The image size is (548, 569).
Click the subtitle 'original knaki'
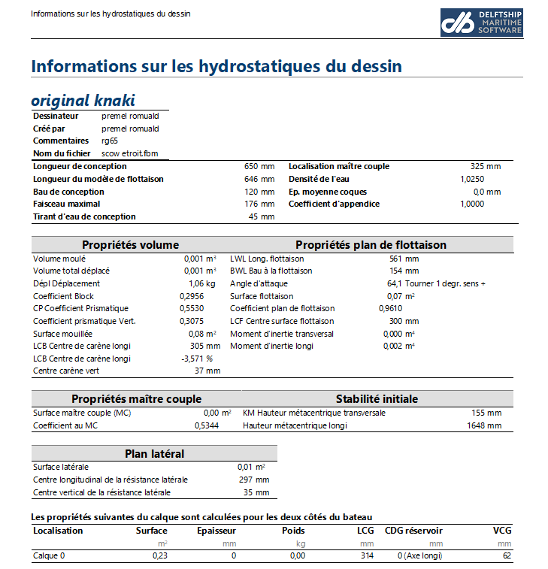[x=83, y=101]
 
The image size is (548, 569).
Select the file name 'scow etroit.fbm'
[x=130, y=153]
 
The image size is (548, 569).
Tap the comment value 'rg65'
[x=110, y=141]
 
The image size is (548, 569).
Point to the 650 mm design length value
[x=260, y=166]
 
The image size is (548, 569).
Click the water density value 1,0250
[x=472, y=179]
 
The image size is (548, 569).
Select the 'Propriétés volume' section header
[x=130, y=245]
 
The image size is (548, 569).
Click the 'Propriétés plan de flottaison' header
[x=371, y=245]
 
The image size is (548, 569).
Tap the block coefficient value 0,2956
[x=191, y=296]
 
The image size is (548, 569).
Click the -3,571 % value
[x=198, y=359]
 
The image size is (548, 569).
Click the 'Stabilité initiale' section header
[x=377, y=398]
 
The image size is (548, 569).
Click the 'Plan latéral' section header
[x=154, y=453]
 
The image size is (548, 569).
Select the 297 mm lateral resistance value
[x=256, y=480]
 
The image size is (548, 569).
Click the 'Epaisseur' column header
[x=216, y=531]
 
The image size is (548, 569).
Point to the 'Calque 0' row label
[x=49, y=555]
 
